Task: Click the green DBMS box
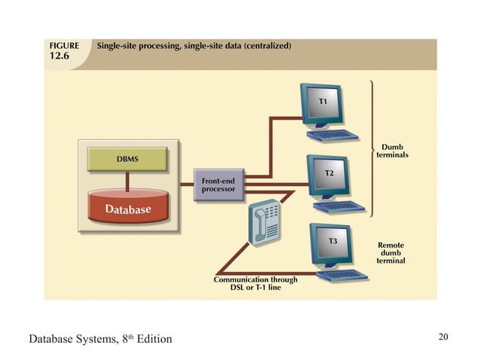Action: click(127, 159)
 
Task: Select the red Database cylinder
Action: click(127, 208)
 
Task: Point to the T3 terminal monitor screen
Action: click(332, 243)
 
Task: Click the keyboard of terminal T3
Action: click(343, 274)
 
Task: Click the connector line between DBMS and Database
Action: click(127, 178)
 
